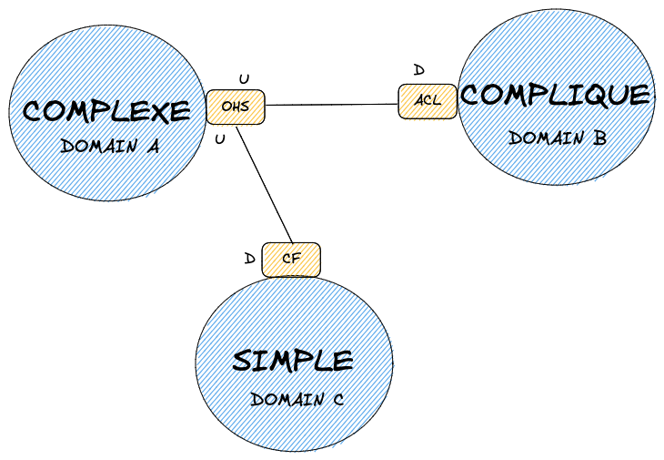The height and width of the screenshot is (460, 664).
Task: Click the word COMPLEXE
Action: click(106, 111)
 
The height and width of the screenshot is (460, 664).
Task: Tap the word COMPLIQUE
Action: click(556, 95)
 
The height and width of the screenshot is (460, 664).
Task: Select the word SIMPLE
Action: click(293, 360)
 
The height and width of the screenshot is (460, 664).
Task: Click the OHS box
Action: click(235, 107)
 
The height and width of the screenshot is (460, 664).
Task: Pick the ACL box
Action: click(428, 101)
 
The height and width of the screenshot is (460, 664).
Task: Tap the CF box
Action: click(291, 259)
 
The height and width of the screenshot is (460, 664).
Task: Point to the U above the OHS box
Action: click(243, 80)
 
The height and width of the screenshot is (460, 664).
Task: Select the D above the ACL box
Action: click(418, 70)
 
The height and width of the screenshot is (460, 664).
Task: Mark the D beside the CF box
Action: click(249, 259)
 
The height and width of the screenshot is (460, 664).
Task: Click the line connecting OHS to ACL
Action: click(331, 105)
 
